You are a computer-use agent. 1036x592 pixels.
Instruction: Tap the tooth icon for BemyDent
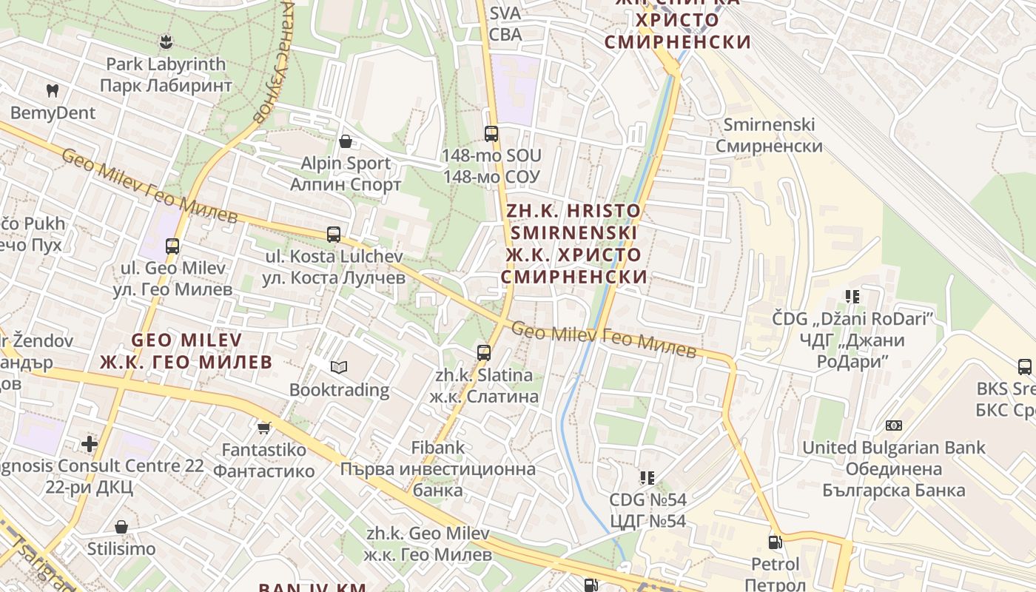52,90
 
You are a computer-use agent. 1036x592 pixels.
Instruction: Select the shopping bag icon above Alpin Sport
345,141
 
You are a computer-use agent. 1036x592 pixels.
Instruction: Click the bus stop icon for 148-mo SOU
491,134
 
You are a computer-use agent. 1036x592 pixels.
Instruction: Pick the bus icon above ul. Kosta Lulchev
334,235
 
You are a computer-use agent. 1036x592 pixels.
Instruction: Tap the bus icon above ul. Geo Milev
172,246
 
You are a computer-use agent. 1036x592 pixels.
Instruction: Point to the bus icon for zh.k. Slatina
484,353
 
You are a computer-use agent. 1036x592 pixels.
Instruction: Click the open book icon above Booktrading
339,367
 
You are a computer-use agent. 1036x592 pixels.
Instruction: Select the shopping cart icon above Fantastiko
264,428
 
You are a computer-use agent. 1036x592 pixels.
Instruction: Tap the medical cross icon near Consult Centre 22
90,444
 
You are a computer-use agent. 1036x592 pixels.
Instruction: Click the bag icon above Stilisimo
121,527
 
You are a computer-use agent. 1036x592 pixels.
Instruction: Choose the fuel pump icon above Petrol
775,542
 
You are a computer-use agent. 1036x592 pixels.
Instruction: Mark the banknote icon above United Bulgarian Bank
894,425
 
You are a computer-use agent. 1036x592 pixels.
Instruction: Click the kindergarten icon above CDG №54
647,478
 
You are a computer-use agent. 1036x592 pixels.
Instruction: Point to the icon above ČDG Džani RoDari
852,297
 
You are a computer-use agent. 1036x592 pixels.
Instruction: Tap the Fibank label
438,447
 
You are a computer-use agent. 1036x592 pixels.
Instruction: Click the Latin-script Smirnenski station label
769,124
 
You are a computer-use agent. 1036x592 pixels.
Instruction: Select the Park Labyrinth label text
166,64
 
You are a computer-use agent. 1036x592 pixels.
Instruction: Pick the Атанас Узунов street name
273,59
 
